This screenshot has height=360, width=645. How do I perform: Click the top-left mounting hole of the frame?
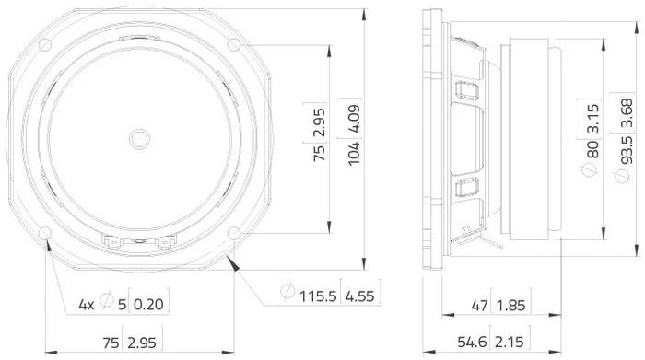45,44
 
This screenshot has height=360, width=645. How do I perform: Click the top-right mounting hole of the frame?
234,44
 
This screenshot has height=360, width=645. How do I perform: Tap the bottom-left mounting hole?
45,234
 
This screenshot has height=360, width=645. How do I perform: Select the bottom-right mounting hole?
234,234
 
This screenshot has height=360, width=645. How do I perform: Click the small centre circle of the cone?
139,139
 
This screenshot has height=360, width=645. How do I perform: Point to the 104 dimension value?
354,154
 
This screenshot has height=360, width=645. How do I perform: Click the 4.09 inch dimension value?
354,118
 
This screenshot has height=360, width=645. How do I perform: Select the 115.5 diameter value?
318,296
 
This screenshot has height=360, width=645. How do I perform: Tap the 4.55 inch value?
360,296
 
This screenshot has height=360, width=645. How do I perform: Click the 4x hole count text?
87,305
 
